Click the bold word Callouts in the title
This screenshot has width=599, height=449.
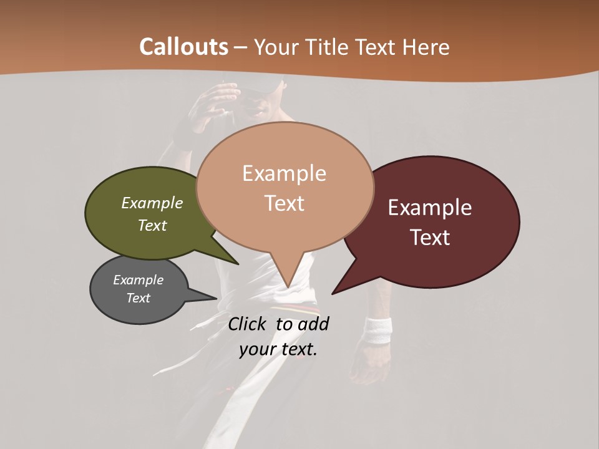183,47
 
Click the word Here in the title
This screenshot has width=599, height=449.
424,47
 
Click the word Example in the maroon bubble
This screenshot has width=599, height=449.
430,207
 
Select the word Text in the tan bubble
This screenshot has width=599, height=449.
285,203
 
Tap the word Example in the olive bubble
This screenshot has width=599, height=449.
152,203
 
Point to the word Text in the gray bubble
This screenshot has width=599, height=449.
139,298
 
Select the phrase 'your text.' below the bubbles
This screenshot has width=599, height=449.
278,349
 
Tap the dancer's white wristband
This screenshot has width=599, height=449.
377,329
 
